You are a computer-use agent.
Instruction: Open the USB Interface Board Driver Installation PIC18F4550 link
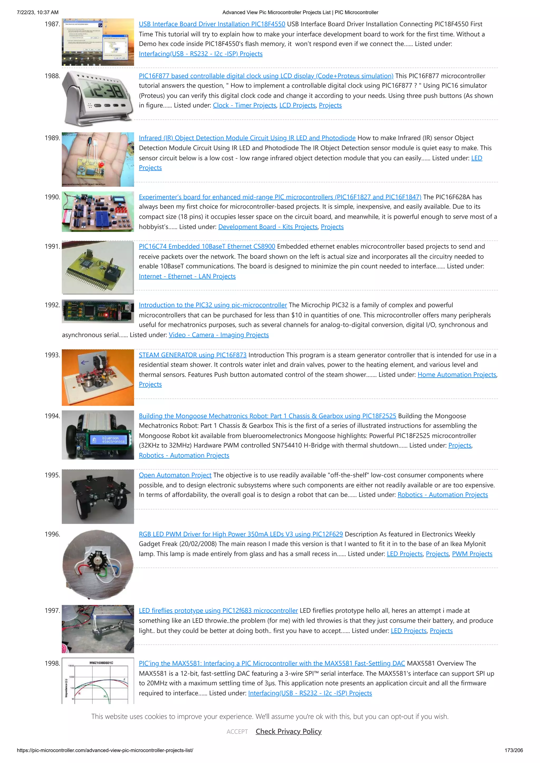coord(212,24)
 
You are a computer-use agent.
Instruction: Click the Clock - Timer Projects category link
coord(244,105)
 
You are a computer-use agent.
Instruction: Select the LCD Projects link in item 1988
coord(297,105)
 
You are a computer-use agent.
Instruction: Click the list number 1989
coord(52,138)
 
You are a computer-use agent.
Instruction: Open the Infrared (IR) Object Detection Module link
coord(247,138)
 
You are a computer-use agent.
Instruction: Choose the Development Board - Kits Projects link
coord(268,227)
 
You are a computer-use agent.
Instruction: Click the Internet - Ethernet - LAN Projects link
coord(187,277)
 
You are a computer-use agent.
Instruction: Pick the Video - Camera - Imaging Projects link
coord(219,335)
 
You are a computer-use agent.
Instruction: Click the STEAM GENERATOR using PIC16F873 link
coord(193,355)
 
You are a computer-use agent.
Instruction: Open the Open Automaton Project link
coord(175,475)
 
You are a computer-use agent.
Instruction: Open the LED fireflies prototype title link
coord(218,611)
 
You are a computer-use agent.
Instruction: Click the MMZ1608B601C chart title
coord(101,663)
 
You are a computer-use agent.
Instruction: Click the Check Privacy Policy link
coord(288,731)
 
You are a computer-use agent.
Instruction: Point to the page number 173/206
coord(513,750)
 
